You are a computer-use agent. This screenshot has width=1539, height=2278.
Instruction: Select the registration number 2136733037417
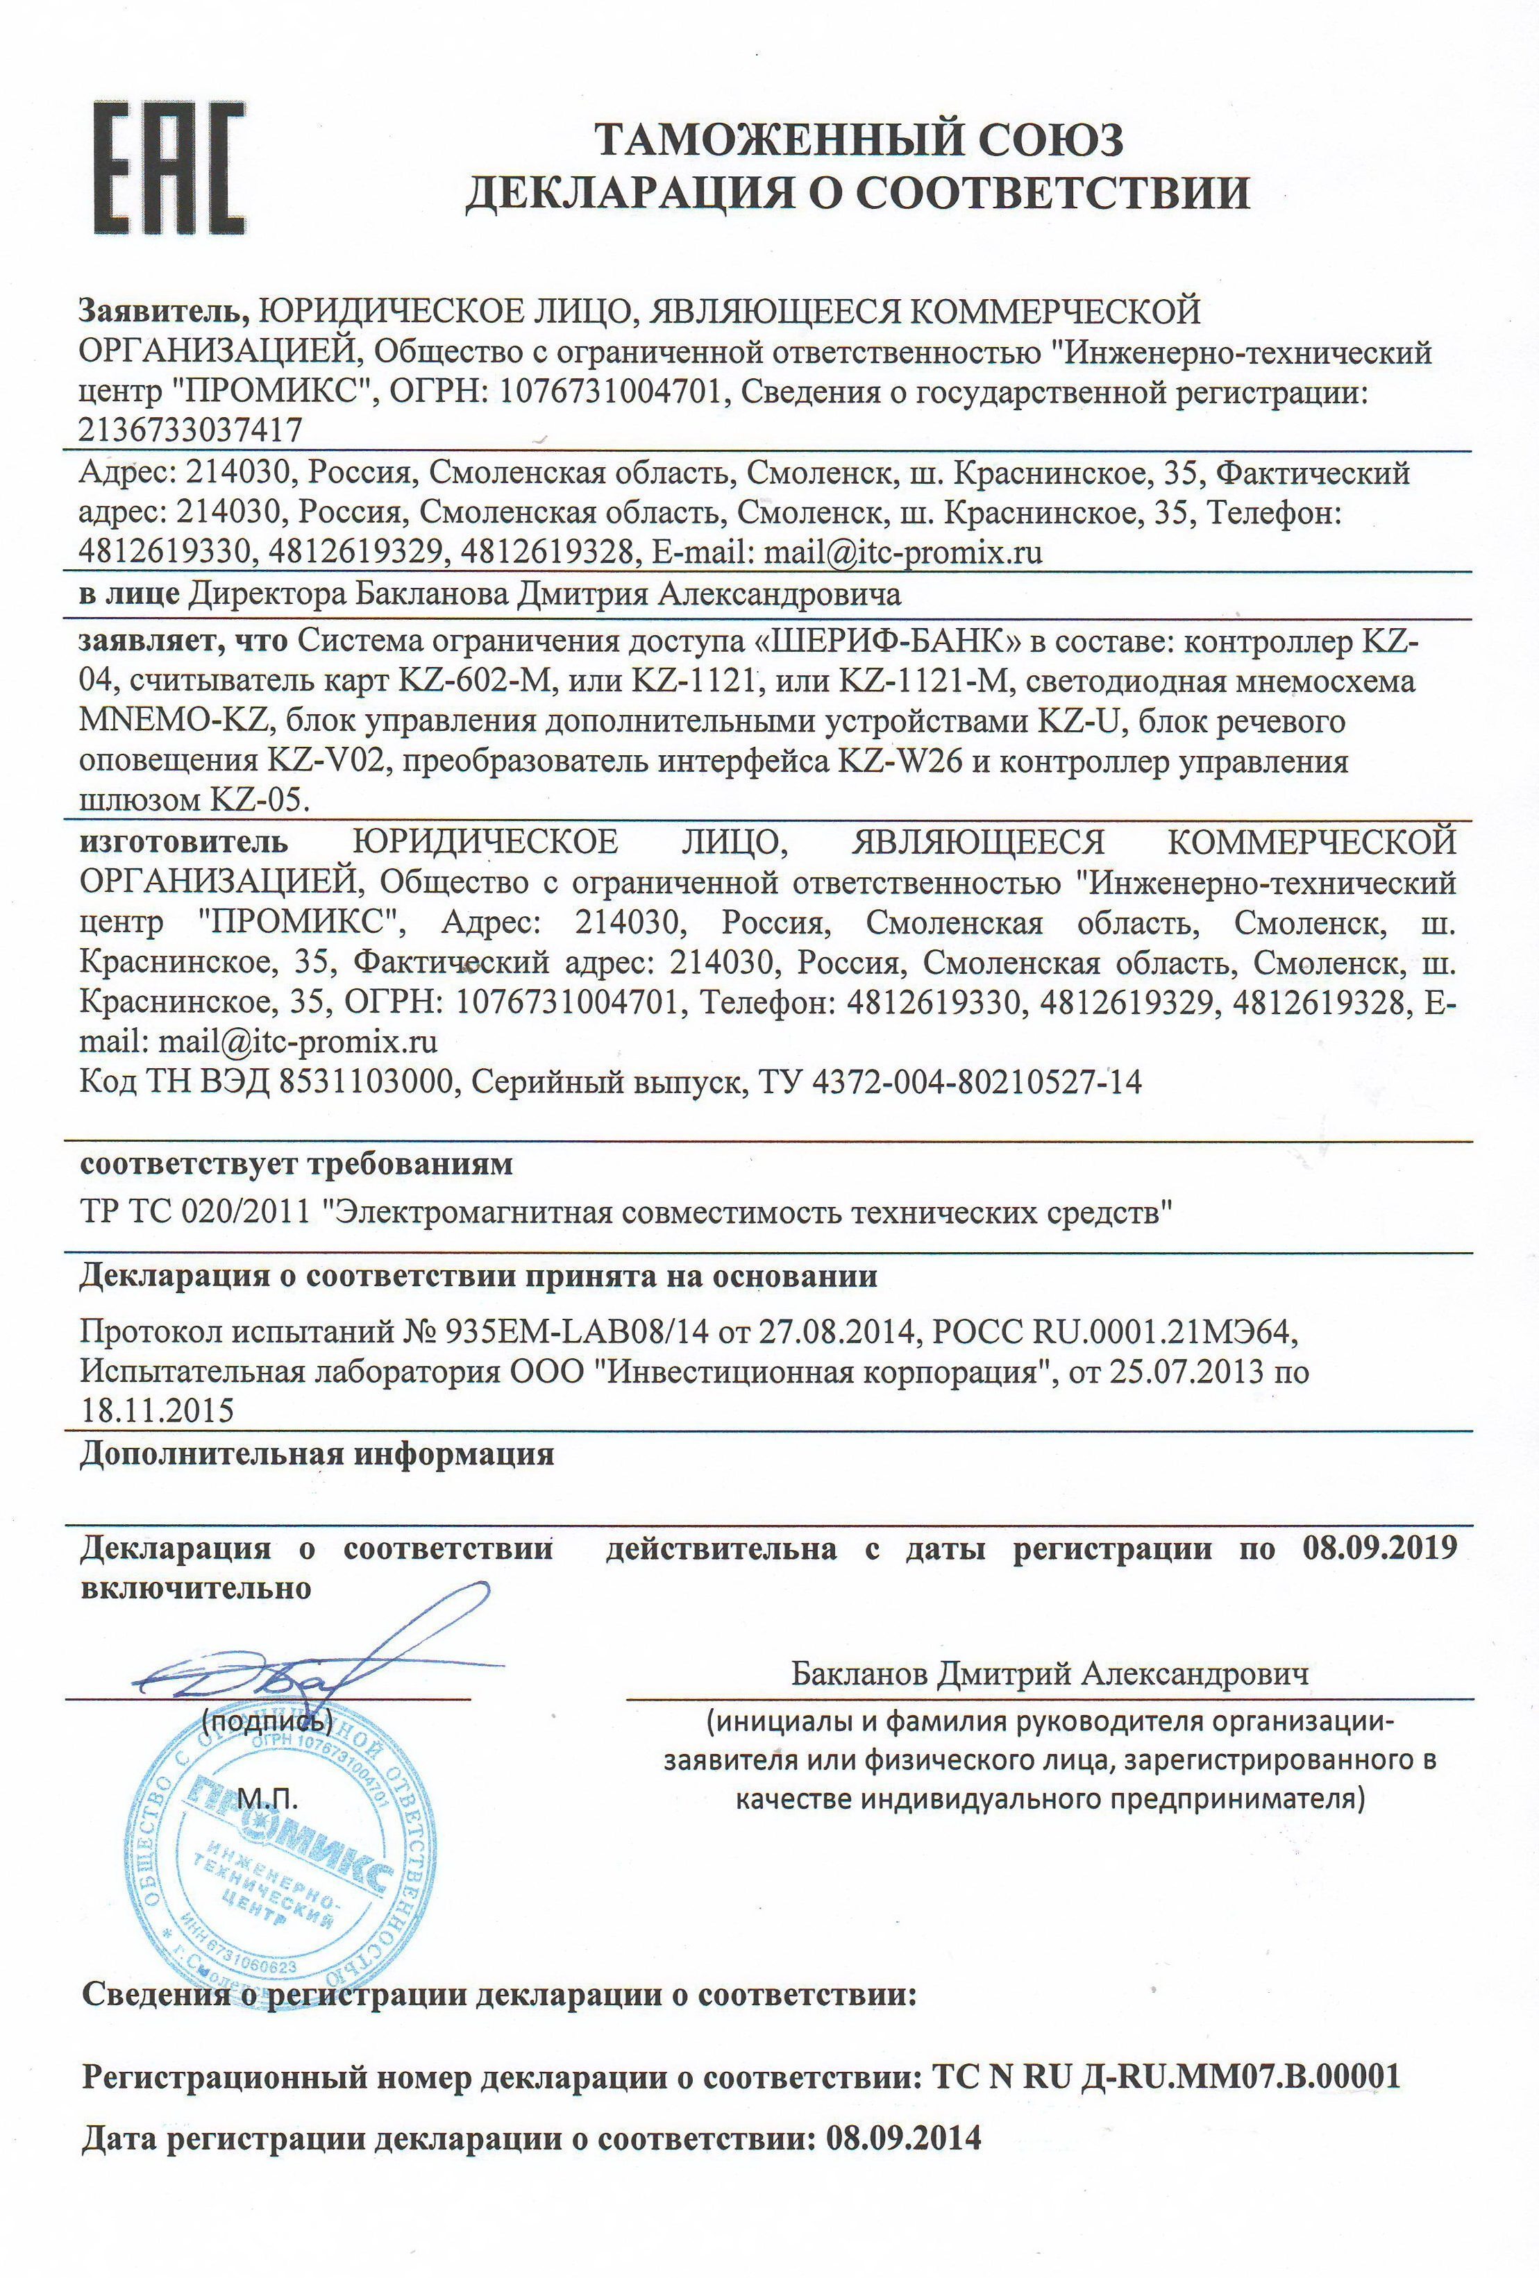[190, 430]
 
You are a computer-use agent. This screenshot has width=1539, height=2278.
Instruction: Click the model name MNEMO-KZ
[174, 721]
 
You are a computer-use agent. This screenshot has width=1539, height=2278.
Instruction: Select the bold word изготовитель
[184, 841]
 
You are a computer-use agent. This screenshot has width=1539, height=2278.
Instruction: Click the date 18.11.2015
[157, 1410]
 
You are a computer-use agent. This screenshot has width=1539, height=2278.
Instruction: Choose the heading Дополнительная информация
[317, 1453]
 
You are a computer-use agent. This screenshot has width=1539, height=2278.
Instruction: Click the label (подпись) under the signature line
[267, 1719]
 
